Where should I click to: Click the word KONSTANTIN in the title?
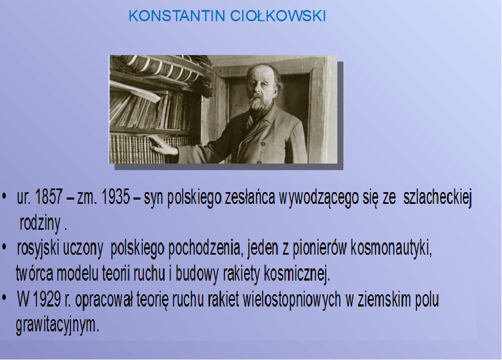[x=177, y=16]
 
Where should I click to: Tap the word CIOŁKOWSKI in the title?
[x=278, y=16]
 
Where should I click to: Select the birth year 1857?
[x=49, y=197]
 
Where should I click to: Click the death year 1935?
[x=115, y=197]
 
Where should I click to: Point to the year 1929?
[x=47, y=300]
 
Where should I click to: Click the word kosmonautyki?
[x=391, y=248]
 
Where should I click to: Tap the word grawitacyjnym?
[x=58, y=326]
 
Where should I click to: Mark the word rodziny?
[x=40, y=223]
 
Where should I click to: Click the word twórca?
[x=34, y=274]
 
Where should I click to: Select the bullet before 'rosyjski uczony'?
[x=4, y=247]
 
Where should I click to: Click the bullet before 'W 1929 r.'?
[x=4, y=298]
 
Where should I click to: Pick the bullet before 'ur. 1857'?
[x=4, y=196]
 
